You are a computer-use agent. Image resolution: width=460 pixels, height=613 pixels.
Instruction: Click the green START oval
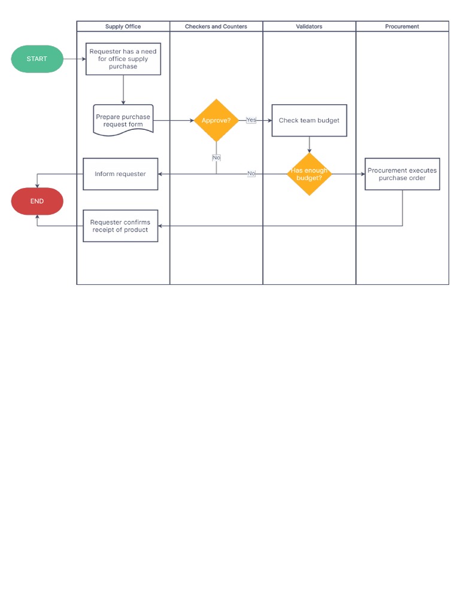pos(37,59)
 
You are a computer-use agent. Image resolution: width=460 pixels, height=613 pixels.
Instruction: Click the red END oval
pos(37,201)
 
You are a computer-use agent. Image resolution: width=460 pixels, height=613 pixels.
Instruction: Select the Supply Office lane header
pos(123,26)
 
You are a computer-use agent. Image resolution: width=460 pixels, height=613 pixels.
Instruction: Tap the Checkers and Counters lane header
pos(216,26)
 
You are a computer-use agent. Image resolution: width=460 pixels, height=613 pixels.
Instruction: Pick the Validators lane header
pos(309,26)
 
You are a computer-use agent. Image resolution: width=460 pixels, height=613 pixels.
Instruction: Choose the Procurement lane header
pos(402,26)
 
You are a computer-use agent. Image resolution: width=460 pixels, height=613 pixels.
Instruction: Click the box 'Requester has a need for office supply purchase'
pos(123,59)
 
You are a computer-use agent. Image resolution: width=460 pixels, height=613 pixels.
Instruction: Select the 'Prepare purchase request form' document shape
pos(123,120)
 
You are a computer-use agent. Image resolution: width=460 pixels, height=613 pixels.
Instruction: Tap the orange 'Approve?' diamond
pos(216,120)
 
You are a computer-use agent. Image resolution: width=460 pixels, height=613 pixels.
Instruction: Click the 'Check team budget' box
pos(309,120)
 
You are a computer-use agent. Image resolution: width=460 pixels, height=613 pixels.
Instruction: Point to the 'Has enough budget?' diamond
pos(309,174)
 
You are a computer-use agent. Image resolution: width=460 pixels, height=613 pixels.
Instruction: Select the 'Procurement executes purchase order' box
pos(402,174)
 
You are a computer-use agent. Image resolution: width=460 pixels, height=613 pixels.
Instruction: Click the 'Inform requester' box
pos(120,174)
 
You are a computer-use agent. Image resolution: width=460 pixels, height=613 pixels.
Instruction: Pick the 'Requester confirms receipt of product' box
pos(120,226)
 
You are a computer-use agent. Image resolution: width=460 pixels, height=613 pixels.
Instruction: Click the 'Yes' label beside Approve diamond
pos(251,120)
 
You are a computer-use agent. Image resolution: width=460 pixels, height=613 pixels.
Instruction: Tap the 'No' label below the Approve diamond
pos(216,157)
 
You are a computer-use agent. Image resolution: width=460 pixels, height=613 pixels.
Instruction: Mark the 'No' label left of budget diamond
pos(251,174)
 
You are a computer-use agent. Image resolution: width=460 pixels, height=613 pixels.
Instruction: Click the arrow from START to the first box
pos(74,59)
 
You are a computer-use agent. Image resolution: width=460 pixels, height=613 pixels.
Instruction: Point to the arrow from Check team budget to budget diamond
pos(309,144)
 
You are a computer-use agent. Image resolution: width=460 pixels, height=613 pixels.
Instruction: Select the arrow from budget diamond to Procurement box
pos(348,174)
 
